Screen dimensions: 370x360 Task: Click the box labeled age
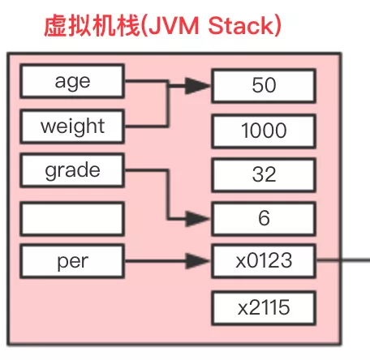point(72,81)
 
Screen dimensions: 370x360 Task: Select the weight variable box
point(72,126)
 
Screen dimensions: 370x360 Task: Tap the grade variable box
point(72,170)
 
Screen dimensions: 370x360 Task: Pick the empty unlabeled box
point(72,219)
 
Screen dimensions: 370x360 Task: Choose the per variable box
point(72,261)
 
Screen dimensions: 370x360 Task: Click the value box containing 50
point(264,86)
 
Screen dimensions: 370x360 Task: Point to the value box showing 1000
point(264,131)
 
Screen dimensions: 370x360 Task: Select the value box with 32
point(264,175)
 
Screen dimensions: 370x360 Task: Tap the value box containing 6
point(264,219)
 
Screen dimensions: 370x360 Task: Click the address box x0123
point(264,261)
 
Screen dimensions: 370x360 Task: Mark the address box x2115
point(264,308)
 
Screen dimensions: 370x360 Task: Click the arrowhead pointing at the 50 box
point(198,86)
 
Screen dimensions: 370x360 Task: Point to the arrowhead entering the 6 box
point(198,219)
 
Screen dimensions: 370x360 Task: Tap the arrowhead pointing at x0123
point(198,261)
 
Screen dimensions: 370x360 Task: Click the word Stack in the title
point(242,26)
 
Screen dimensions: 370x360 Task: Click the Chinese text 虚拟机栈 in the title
point(92,26)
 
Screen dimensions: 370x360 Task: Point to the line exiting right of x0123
point(343,260)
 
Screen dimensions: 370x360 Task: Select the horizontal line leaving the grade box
point(146,170)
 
